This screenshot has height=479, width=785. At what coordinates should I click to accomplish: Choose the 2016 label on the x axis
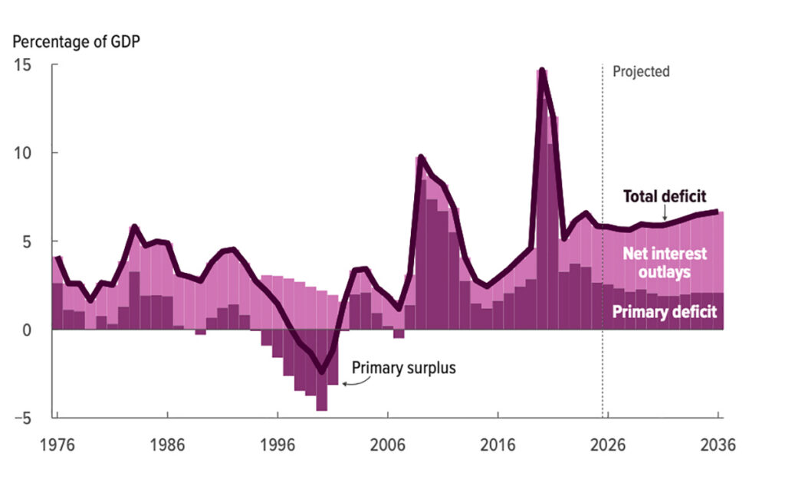[498, 445]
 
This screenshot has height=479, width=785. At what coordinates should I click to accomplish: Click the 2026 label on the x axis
[607, 445]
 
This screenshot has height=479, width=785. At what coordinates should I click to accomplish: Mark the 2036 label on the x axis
[717, 445]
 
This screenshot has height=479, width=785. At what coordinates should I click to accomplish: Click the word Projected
[641, 71]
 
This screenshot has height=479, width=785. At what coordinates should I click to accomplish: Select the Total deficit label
[664, 196]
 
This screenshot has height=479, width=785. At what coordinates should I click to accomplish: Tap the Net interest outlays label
[664, 262]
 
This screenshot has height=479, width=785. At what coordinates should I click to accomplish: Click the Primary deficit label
[664, 312]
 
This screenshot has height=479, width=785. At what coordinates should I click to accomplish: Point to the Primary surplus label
[403, 368]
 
